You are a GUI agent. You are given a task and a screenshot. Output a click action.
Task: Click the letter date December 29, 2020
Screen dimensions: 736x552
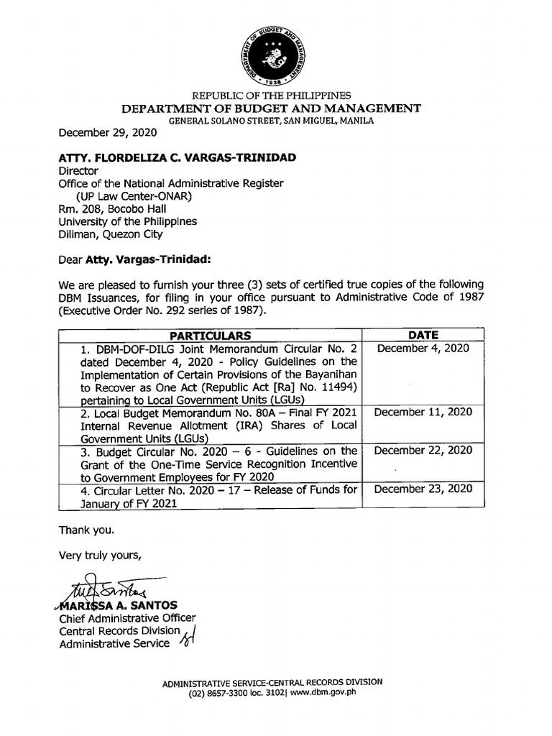pyautogui.click(x=107, y=133)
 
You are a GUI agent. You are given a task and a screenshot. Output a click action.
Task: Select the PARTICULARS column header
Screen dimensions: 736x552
pyautogui.click(x=210, y=336)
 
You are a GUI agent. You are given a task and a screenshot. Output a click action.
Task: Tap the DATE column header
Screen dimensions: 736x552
pyautogui.click(x=423, y=335)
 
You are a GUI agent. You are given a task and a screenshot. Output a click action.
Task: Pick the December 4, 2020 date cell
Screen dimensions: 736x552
pyautogui.click(x=423, y=349)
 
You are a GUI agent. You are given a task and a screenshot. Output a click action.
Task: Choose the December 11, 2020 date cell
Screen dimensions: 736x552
pyautogui.click(x=423, y=412)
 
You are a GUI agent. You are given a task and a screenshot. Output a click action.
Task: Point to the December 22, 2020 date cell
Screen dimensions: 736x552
pyautogui.click(x=423, y=451)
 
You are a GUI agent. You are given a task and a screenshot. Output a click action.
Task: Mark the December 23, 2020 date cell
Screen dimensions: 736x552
pyautogui.click(x=423, y=489)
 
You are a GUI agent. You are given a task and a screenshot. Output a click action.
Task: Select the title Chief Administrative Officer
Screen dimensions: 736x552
pyautogui.click(x=127, y=618)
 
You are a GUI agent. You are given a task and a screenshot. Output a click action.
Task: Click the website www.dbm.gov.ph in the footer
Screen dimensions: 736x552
pyautogui.click(x=326, y=693)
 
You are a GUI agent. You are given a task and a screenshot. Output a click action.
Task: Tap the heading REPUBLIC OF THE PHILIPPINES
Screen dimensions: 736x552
pyautogui.click(x=270, y=96)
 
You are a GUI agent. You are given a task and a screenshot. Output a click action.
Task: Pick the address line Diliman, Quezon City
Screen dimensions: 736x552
pyautogui.click(x=111, y=234)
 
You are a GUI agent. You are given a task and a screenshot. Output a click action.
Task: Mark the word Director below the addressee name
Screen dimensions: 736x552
pyautogui.click(x=78, y=171)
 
